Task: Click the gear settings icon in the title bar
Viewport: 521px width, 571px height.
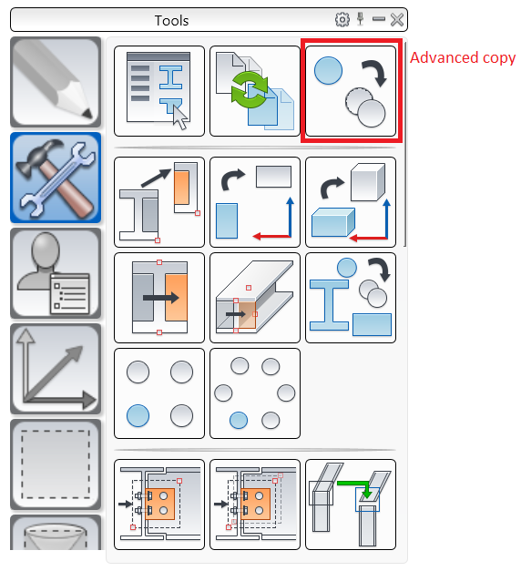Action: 342,20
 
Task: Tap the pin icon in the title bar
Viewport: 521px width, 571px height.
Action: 361,19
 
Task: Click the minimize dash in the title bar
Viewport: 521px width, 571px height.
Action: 379,19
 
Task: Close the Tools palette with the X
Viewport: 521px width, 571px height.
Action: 397,20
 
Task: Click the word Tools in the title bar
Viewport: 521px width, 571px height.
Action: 171,21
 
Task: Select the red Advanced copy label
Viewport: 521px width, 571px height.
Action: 463,58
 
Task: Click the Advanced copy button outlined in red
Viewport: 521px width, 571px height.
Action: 351,91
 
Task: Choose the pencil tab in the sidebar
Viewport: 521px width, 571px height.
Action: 56,82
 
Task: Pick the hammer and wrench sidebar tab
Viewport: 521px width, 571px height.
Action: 56,178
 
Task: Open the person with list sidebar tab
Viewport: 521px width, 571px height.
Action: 56,273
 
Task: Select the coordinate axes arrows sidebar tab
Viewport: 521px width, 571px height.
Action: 56,369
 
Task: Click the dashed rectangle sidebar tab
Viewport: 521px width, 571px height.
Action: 56,464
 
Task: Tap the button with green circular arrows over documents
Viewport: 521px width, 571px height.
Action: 255,91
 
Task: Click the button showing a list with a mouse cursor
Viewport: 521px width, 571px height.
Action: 159,91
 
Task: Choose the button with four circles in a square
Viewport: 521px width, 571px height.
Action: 159,393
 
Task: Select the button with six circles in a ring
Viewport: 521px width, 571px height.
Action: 255,393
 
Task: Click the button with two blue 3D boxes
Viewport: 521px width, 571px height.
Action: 351,202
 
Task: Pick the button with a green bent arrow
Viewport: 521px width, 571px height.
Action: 351,505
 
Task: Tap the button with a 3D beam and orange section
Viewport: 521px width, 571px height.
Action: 255,298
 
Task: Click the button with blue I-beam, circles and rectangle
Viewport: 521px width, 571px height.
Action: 351,298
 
